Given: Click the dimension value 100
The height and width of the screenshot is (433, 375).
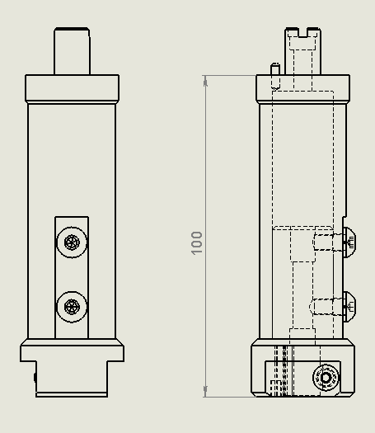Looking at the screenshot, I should point(197,242).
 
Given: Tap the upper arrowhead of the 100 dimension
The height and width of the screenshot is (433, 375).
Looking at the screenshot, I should point(205,80).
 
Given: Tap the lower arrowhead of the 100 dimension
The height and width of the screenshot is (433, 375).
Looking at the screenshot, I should point(205,392).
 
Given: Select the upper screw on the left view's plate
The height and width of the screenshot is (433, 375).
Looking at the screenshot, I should point(73,242).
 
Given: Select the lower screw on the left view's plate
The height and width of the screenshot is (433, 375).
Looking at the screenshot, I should point(73,307).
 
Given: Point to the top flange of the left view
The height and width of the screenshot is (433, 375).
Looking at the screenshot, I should point(73,88).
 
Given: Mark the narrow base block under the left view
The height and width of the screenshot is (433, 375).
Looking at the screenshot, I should point(72,379).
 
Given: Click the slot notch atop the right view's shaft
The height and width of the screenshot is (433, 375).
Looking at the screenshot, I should point(302,33).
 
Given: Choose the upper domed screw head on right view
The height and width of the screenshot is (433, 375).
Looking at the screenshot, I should point(349,242).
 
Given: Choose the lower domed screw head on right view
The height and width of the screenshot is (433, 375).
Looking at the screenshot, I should point(349,306).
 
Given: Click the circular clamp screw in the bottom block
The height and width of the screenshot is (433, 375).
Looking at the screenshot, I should point(327,378).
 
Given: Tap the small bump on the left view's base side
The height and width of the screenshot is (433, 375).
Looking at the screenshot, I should point(35,377).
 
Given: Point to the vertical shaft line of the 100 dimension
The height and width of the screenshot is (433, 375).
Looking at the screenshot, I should point(205,165).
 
